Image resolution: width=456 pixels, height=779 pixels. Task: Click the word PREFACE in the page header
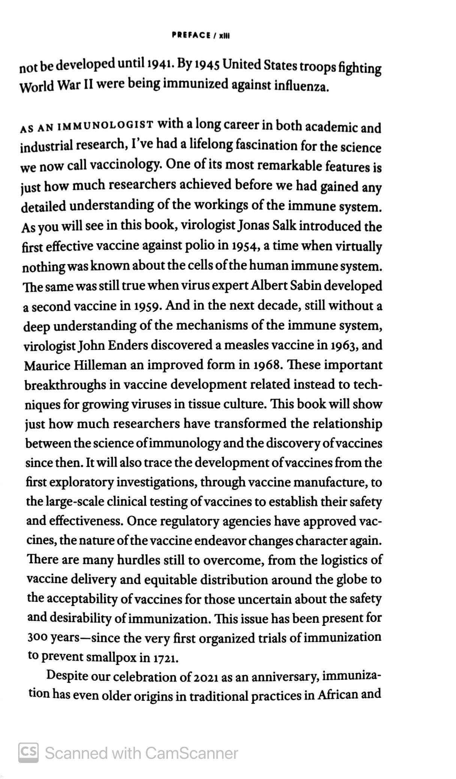(191, 35)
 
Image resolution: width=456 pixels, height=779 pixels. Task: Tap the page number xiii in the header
(224, 36)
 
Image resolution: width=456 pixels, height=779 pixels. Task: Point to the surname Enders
(128, 345)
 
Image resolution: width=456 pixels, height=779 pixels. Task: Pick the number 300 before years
(37, 638)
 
